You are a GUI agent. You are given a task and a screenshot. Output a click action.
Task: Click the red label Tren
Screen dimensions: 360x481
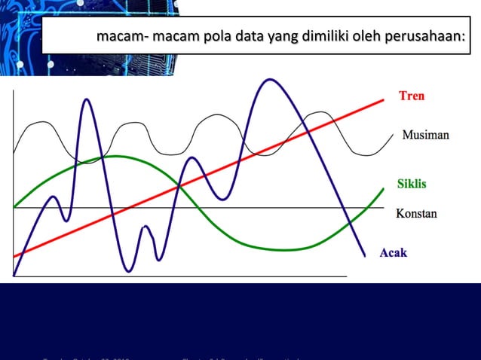point(412,96)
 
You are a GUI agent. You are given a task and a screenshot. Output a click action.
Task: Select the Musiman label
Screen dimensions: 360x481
point(425,136)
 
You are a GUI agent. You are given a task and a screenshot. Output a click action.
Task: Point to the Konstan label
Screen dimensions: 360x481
point(416,214)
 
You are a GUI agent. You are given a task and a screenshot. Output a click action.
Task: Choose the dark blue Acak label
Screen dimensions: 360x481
point(393,252)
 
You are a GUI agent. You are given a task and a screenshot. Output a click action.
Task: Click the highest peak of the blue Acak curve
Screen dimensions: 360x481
point(267,79)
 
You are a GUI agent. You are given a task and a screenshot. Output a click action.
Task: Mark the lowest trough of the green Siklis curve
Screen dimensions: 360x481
point(290,249)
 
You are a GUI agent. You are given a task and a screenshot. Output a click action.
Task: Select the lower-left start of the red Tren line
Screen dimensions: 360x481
point(14,257)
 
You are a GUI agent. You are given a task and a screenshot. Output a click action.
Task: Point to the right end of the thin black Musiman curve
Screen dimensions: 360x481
point(392,136)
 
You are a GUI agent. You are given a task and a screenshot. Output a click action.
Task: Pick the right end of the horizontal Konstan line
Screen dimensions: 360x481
point(384,207)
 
